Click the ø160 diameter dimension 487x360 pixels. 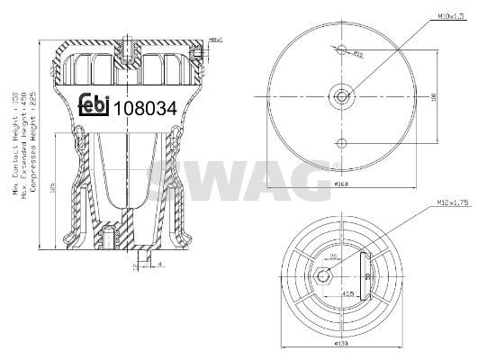(341, 185)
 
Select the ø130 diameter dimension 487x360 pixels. (341, 345)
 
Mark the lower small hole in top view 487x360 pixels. (341, 142)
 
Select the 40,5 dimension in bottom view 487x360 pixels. (347, 294)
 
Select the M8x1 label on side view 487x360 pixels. (214, 40)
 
